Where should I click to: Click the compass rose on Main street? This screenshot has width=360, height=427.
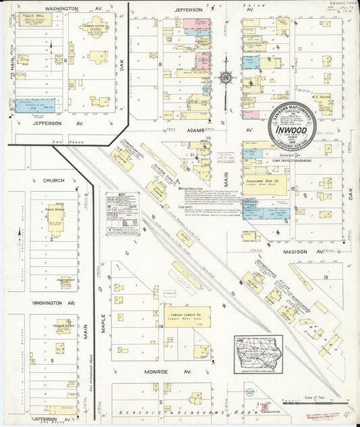(225, 78)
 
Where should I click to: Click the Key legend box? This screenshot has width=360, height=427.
(122, 214)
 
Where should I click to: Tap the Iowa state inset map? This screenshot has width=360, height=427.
(258, 354)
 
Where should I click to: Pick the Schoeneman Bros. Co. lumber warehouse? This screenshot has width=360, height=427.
(267, 182)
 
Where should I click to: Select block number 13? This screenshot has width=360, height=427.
(325, 278)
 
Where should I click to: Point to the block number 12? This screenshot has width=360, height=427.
(293, 189)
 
